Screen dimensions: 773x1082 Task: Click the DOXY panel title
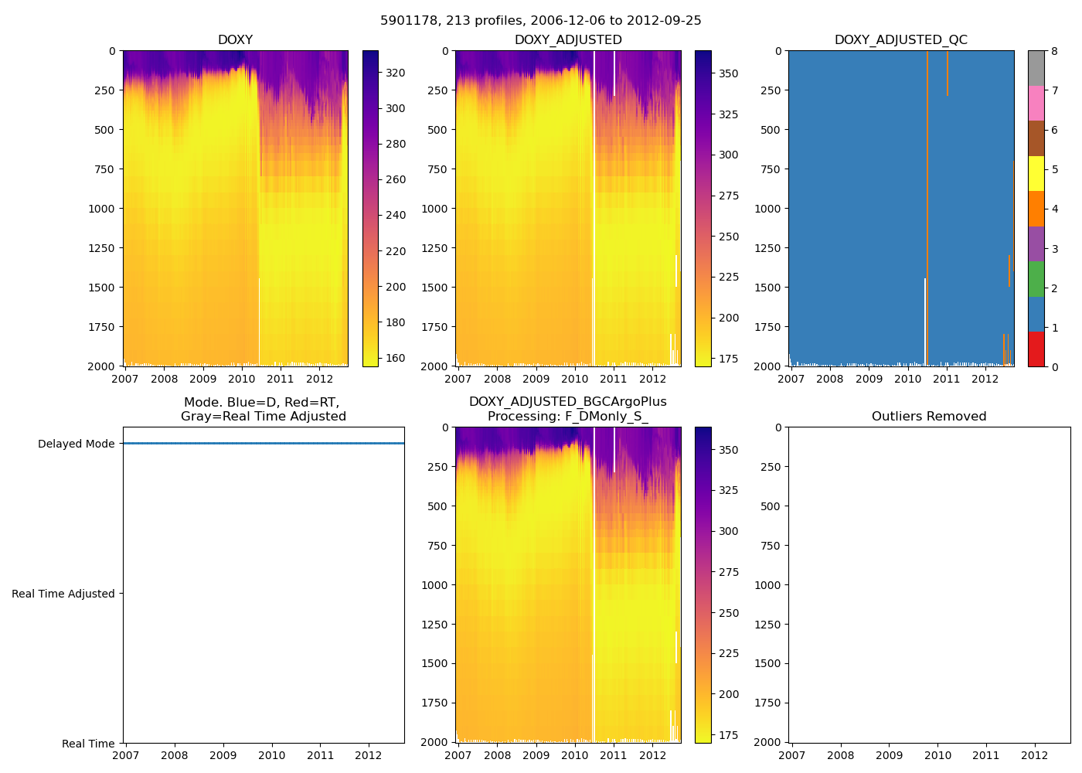pos(235,40)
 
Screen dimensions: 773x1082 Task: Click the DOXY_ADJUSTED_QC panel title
pos(900,40)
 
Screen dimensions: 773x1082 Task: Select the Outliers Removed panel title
pos(929,417)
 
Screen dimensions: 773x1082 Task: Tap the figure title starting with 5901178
pos(541,21)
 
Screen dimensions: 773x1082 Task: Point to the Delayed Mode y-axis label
pos(76,444)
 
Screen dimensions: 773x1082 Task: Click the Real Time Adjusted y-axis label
pos(63,594)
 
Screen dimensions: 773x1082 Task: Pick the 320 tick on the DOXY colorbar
pos(396,73)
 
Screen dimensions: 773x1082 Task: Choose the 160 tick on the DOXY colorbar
pos(396,358)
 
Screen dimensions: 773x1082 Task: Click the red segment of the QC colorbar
pos(1036,349)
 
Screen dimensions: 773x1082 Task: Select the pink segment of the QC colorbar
pos(1036,103)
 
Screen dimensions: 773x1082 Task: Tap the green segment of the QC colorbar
pos(1036,279)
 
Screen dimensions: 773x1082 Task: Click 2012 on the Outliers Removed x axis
pos(1035,755)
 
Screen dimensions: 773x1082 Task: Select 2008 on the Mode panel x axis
pos(175,755)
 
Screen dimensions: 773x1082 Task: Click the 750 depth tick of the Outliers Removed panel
pos(771,546)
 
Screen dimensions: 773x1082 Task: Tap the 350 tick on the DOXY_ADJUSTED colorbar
pos(729,73)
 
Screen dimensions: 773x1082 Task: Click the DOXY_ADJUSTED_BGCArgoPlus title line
pos(567,402)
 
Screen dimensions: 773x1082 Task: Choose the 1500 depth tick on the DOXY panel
pos(103,288)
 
